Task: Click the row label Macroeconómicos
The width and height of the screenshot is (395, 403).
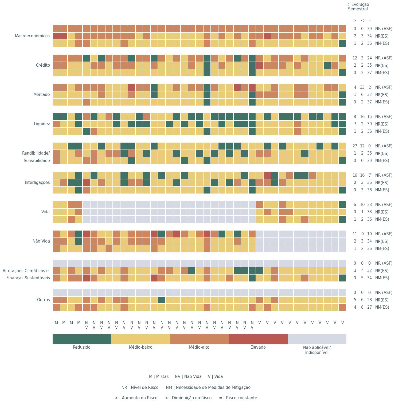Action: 32,36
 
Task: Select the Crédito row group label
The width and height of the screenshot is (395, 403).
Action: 43,65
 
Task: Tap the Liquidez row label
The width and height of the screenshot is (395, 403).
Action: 42,124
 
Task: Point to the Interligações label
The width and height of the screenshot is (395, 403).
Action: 37,183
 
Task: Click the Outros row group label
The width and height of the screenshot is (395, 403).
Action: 43,300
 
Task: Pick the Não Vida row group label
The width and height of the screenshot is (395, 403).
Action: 41,241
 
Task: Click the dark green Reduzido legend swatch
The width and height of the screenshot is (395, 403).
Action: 82,339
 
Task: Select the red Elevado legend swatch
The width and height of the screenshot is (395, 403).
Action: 258,339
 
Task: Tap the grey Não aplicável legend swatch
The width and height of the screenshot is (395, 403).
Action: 317,339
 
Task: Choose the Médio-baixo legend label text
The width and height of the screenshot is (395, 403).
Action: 140,347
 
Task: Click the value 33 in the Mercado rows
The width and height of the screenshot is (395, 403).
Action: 362,87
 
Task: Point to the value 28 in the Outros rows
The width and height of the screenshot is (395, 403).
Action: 369,300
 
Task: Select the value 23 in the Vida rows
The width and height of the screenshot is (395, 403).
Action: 369,205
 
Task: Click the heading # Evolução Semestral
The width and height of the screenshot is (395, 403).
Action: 358,7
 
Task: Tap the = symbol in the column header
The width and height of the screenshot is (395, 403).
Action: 370,21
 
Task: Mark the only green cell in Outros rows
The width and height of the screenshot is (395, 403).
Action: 162,300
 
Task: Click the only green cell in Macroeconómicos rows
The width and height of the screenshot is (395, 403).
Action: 342,43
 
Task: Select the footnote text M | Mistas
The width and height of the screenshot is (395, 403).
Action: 159,377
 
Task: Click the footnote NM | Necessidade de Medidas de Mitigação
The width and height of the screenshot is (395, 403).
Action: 208,388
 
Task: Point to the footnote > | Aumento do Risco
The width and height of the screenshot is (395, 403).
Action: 136,398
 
